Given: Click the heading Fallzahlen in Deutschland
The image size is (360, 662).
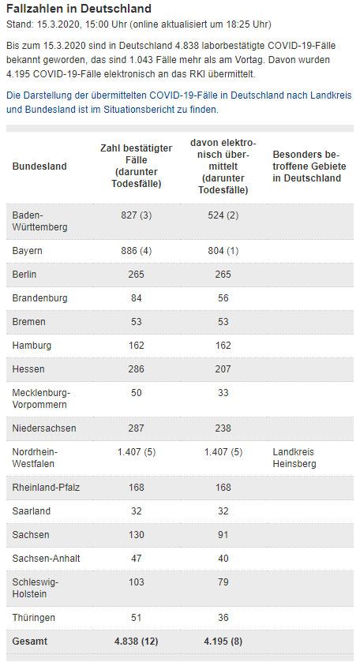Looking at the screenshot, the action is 79,9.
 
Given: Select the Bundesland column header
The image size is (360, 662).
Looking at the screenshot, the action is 39,166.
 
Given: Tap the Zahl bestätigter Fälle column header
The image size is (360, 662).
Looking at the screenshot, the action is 136,166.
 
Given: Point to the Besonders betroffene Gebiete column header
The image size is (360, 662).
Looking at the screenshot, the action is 309,166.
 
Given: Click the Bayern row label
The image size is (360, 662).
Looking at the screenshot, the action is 27,251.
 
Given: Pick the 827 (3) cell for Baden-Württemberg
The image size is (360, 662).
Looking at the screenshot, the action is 136,215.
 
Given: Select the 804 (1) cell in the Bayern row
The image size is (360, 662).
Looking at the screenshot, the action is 223,251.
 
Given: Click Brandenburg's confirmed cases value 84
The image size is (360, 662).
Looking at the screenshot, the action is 136,298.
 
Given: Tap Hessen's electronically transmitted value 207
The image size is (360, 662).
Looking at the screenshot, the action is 223,369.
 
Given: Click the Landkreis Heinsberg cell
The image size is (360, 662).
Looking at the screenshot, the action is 294,458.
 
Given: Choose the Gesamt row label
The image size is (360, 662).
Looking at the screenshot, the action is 30,641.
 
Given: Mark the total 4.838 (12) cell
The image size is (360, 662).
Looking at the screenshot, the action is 136,641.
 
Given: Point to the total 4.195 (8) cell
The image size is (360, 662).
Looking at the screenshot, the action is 223,641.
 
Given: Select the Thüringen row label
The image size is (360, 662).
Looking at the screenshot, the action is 34,618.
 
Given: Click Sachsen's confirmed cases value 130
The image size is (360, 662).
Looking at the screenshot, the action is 136,534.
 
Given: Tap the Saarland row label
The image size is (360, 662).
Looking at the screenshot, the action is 32,511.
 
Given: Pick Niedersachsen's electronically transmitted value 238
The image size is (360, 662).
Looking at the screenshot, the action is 223,428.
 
